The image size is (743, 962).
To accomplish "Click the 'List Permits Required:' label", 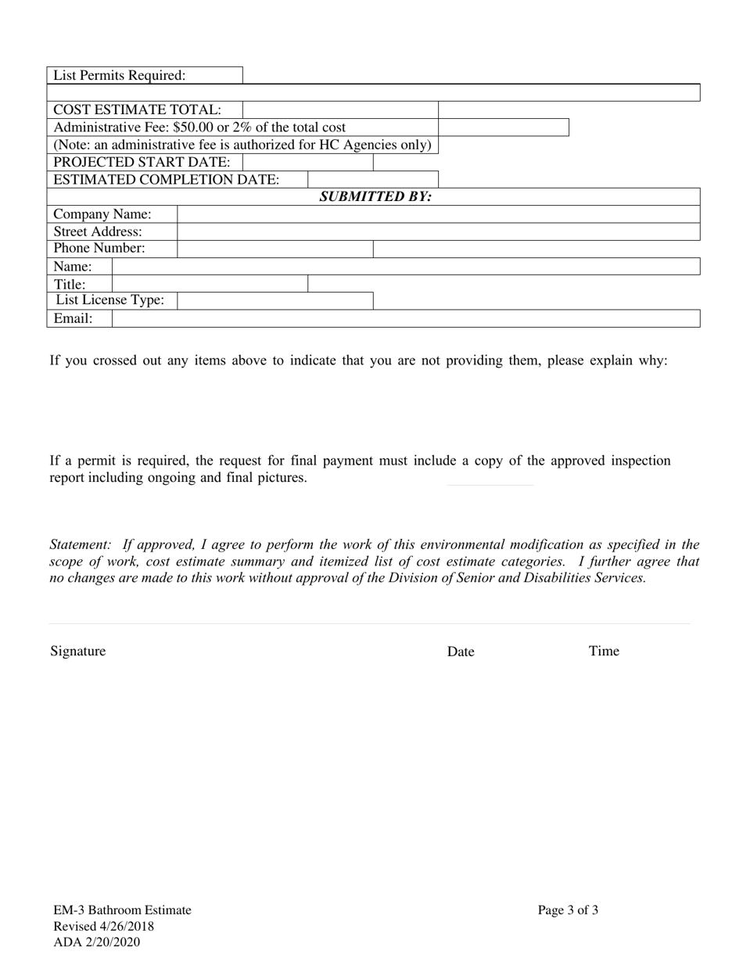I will click(x=120, y=76).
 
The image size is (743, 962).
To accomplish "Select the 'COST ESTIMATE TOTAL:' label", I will click(x=137, y=110).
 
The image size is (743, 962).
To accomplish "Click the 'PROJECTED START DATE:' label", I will click(x=142, y=163).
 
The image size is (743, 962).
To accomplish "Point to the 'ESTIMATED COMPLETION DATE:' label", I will click(x=166, y=180).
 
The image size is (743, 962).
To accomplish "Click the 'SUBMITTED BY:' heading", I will click(x=375, y=197).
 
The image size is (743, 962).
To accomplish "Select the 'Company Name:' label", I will click(x=102, y=214).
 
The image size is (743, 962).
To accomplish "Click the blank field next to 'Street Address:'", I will click(x=438, y=232).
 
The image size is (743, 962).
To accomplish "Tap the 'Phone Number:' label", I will click(x=99, y=249).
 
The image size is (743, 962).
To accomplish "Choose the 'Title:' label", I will click(x=70, y=285).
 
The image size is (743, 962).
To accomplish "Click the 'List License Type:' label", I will click(x=110, y=301).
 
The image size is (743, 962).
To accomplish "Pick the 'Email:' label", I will click(x=73, y=319).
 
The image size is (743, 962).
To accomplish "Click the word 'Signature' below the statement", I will click(x=78, y=652).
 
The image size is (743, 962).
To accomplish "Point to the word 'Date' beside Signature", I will click(x=461, y=652).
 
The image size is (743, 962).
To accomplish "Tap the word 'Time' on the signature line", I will click(x=604, y=652).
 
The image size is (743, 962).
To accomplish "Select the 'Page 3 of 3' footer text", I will click(x=569, y=910).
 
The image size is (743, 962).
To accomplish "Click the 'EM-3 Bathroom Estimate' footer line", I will click(x=122, y=910).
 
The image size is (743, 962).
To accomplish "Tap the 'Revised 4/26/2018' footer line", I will click(x=103, y=927).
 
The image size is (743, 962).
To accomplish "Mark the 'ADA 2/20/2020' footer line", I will click(x=97, y=942).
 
